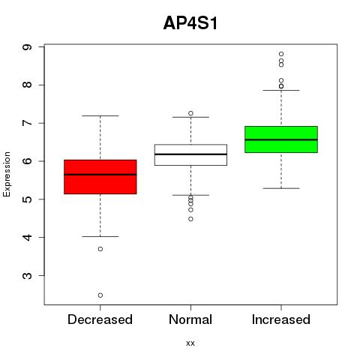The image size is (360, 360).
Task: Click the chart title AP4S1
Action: (x=190, y=23)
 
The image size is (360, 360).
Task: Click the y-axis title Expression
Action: (x=7, y=174)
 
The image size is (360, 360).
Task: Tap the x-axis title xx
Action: (x=190, y=343)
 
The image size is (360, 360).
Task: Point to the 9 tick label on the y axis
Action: (x=27, y=47)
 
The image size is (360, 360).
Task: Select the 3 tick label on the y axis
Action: (x=27, y=275)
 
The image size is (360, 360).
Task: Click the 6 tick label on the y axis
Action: (x=27, y=161)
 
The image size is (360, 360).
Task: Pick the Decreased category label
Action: (x=100, y=319)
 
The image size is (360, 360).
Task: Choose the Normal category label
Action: (x=190, y=319)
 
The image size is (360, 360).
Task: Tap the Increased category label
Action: (x=281, y=319)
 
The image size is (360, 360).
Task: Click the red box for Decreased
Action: (x=100, y=177)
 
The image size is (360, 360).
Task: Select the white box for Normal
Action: (x=190, y=154)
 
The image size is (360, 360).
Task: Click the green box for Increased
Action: (x=281, y=139)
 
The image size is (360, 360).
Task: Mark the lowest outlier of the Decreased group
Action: (x=100, y=295)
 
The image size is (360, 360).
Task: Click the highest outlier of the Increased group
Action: (x=281, y=54)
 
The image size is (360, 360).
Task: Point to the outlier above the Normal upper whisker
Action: (x=190, y=113)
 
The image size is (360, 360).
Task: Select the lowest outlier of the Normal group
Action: (x=190, y=219)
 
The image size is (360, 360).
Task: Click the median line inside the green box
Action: (x=281, y=139)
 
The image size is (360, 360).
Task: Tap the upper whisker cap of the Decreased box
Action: (x=100, y=115)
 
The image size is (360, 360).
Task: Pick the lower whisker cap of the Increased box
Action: (x=281, y=188)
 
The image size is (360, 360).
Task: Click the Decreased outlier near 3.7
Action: (x=100, y=249)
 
